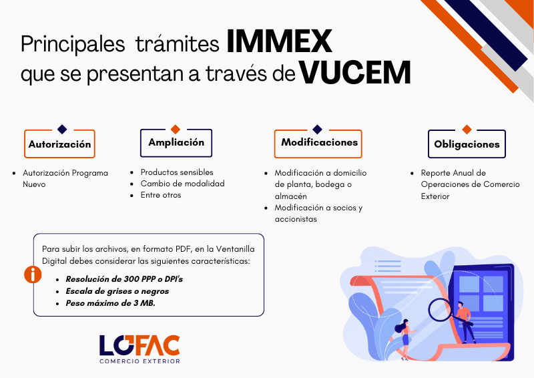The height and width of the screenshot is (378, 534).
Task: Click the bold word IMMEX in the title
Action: click(279, 41)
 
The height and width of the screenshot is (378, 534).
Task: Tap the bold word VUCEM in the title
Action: click(354, 72)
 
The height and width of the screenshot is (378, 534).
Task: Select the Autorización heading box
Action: click(59, 144)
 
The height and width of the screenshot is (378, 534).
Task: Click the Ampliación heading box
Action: click(176, 143)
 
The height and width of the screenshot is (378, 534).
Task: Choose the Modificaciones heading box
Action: click(318, 144)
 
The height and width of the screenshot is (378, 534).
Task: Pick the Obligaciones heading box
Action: click(467, 144)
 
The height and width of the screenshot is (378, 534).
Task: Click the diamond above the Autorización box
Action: click(62, 129)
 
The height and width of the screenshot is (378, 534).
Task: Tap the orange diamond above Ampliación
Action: click(176, 129)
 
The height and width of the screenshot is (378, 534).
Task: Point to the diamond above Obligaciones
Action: click(467, 129)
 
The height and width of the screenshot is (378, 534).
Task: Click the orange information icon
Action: click(33, 274)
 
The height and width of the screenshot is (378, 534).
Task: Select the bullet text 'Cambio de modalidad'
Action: click(182, 184)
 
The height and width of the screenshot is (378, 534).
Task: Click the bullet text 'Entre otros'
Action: click(161, 195)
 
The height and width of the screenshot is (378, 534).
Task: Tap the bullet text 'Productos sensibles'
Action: click(177, 172)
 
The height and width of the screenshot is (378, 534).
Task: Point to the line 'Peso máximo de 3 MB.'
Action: click(110, 303)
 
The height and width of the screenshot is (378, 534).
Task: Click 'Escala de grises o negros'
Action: click(117, 291)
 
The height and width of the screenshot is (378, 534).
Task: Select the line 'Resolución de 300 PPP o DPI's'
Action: click(124, 279)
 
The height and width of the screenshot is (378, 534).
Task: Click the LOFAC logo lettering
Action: click(140, 345)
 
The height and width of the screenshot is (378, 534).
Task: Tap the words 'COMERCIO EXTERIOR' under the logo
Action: click(140, 361)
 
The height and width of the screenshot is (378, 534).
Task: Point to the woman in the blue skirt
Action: click(405, 339)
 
